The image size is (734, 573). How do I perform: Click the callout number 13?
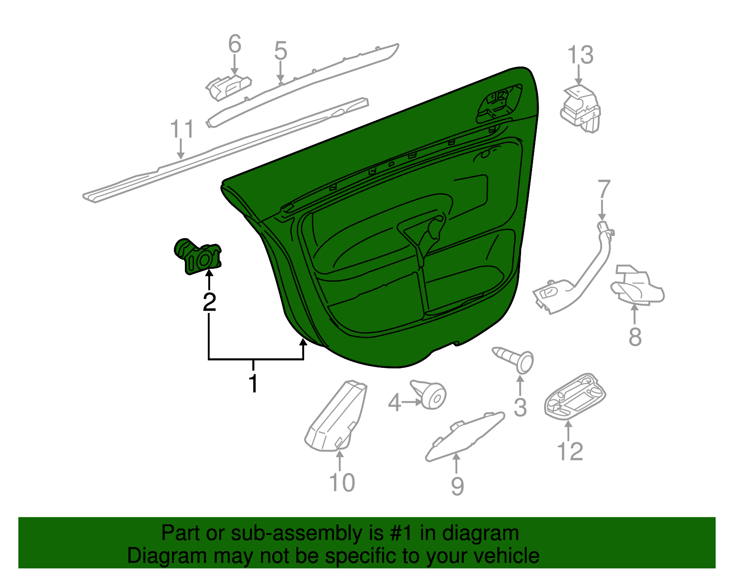[580, 55]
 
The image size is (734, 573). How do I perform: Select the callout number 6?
[234, 45]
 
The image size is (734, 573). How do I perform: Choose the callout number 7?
[604, 190]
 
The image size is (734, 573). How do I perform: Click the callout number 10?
[342, 482]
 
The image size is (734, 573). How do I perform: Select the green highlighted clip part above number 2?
[199, 257]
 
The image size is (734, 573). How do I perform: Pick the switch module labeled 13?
[580, 109]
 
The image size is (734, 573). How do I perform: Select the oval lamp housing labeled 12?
[574, 395]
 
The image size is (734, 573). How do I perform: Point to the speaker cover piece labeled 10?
[335, 417]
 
